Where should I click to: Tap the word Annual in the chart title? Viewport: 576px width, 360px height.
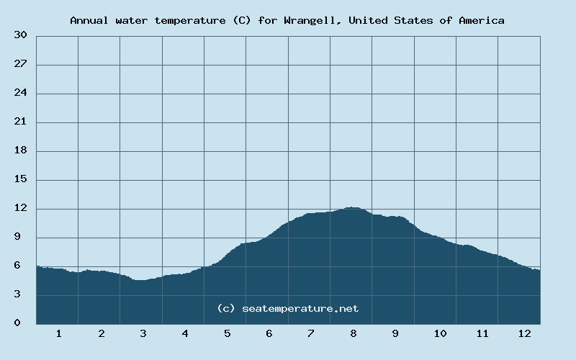click(88, 20)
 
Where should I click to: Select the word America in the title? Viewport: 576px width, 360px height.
click(481, 20)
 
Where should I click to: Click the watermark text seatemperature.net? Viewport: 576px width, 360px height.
click(300, 308)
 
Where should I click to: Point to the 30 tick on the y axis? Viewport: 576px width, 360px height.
click(21, 35)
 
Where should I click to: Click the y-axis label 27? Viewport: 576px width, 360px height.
click(21, 64)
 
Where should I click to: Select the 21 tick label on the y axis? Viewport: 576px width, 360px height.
click(21, 122)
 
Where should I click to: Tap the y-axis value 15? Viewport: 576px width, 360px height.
click(21, 179)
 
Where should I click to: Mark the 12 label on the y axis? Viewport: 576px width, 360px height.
click(21, 208)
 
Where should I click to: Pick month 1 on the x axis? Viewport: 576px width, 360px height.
click(58, 333)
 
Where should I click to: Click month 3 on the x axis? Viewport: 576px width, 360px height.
click(143, 333)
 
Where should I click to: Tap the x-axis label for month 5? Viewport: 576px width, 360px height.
click(227, 333)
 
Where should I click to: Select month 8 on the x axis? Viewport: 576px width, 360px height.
click(354, 333)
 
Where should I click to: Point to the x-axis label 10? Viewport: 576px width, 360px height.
click(439, 333)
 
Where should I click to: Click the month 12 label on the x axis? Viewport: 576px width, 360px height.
click(523, 333)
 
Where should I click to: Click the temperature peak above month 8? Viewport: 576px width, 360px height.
click(351, 207)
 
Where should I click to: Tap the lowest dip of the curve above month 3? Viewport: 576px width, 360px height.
click(141, 280)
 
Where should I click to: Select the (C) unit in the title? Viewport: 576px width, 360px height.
click(241, 20)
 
